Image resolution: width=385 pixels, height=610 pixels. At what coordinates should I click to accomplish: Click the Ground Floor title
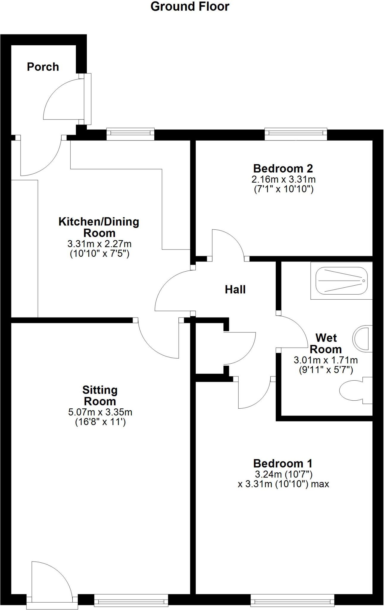click(190, 7)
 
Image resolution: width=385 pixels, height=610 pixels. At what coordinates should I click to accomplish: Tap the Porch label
click(43, 67)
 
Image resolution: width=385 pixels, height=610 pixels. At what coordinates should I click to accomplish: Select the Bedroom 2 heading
click(283, 169)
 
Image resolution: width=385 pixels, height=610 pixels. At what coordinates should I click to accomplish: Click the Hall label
click(235, 290)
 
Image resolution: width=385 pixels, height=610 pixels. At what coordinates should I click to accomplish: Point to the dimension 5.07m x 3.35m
click(100, 412)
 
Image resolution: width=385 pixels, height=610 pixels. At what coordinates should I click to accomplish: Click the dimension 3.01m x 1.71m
click(326, 360)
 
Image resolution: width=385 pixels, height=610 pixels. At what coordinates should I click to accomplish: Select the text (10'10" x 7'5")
click(99, 254)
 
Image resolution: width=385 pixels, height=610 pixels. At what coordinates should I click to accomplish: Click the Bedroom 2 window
click(296, 134)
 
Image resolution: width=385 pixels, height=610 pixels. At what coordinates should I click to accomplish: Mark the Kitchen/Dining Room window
click(130, 134)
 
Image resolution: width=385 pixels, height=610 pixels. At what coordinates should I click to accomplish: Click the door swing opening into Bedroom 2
click(228, 243)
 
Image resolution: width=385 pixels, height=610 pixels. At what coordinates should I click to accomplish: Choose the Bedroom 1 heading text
click(283, 463)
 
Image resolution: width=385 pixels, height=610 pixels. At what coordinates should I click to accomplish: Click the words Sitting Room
click(100, 396)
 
